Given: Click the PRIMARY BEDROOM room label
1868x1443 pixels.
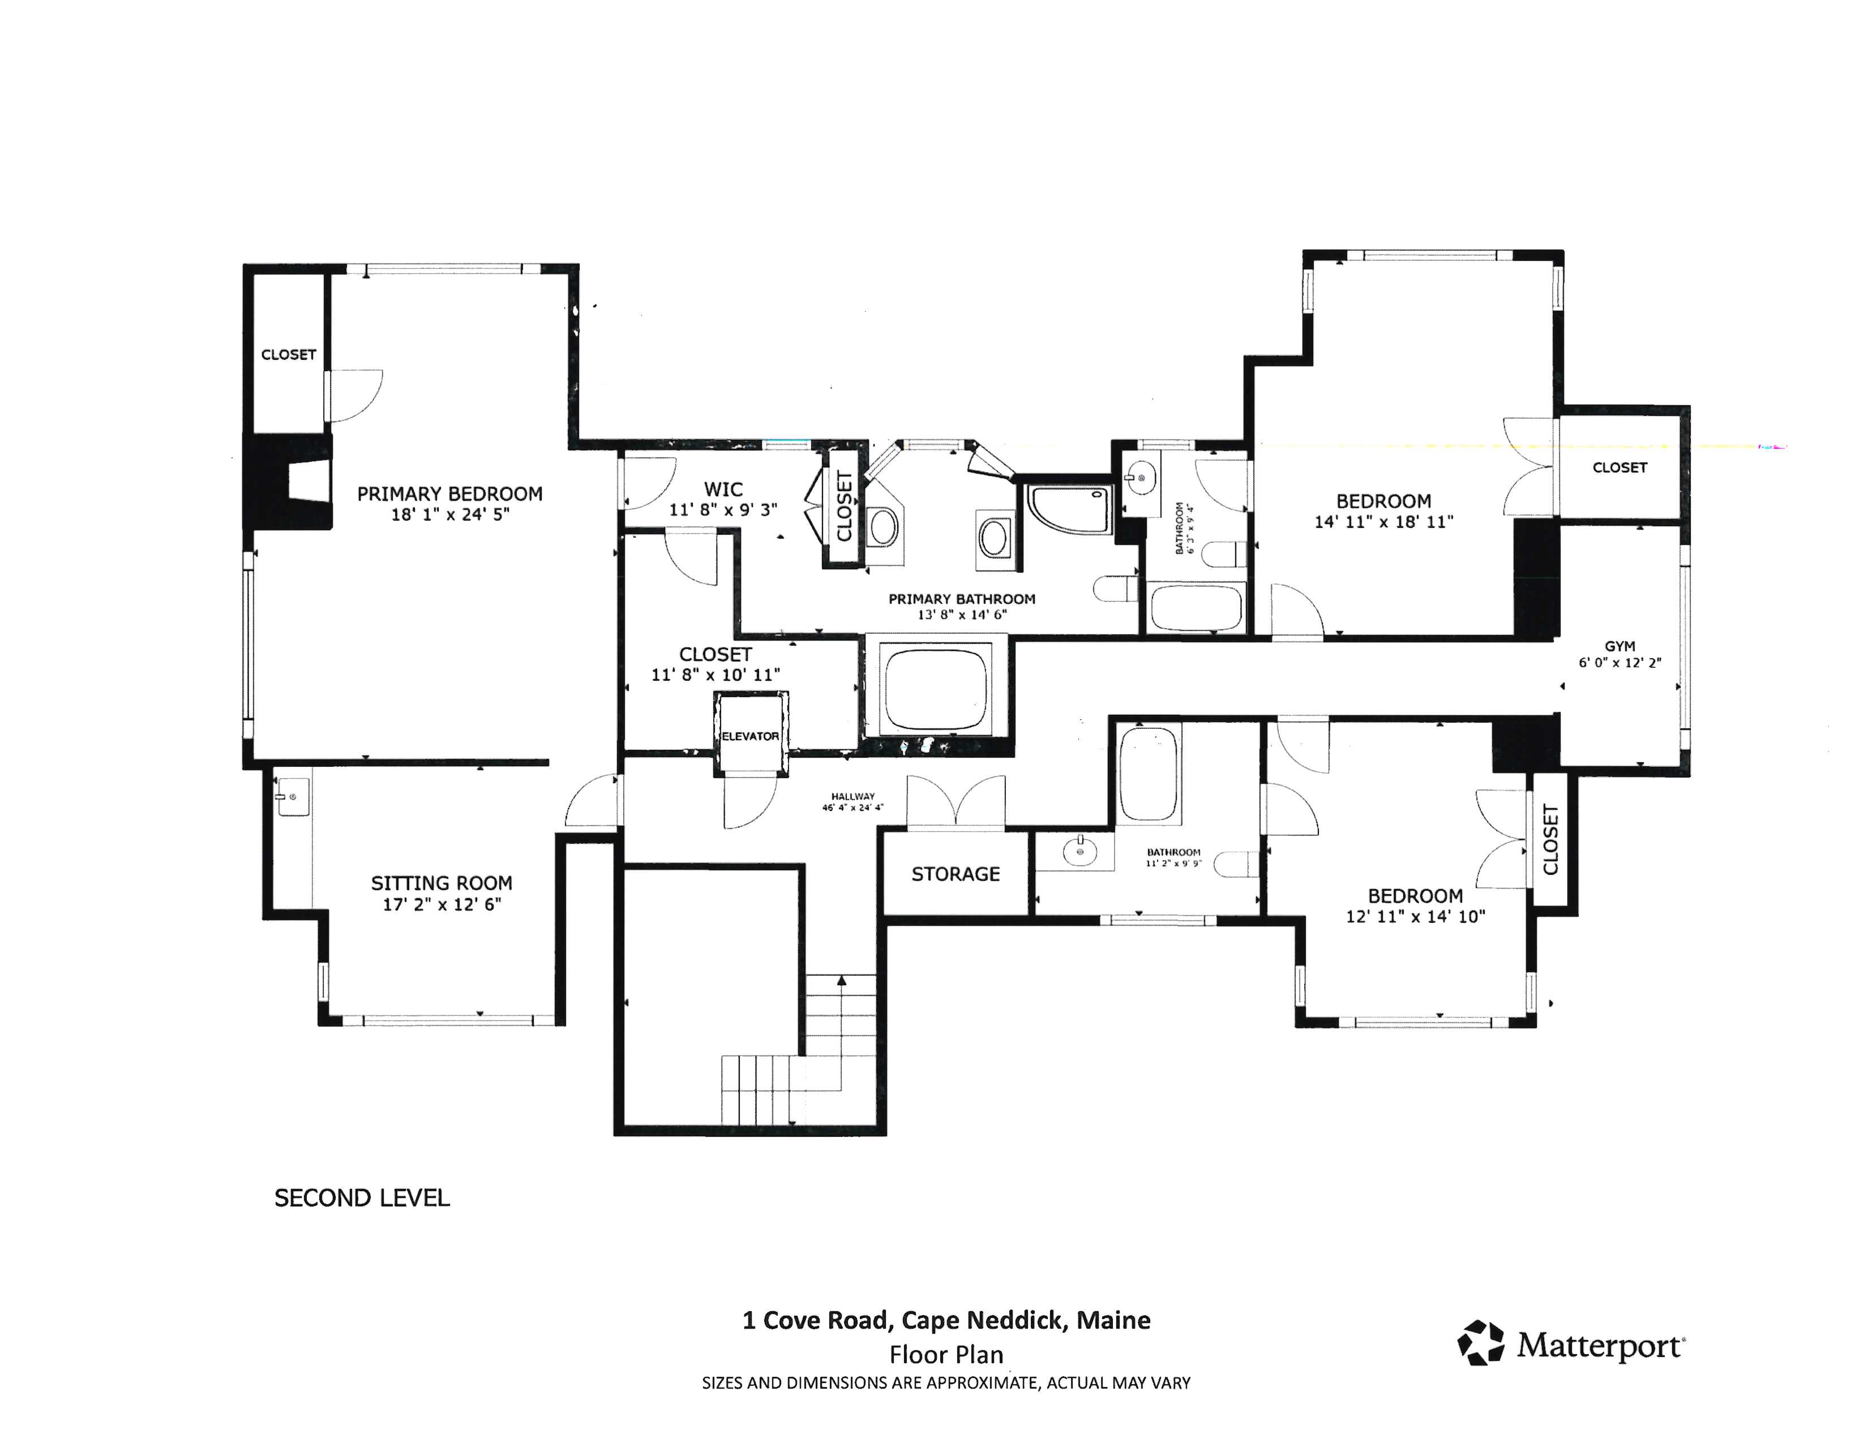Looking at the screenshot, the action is pyautogui.click(x=450, y=494).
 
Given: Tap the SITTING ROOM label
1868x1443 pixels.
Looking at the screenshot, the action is pyautogui.click(x=442, y=883).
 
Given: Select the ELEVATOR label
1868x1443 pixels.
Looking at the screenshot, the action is pyautogui.click(x=750, y=736).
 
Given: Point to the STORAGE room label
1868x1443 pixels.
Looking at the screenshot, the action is pyautogui.click(x=956, y=874).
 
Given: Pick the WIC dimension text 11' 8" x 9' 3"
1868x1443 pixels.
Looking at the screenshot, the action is pyautogui.click(x=723, y=509).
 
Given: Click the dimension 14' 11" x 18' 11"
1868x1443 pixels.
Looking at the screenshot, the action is pyautogui.click(x=1384, y=522).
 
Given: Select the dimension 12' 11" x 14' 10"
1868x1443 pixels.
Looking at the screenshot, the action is pyautogui.click(x=1416, y=916).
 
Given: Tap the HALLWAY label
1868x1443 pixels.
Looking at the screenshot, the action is pyautogui.click(x=852, y=796).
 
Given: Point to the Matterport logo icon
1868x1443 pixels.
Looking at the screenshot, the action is pyautogui.click(x=1481, y=1343).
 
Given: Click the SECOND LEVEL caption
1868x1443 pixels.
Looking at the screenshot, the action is pyautogui.click(x=362, y=1197).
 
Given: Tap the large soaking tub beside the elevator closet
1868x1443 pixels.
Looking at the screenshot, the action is pyautogui.click(x=937, y=689).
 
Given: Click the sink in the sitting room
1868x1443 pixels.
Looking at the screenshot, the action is pyautogui.click(x=293, y=797).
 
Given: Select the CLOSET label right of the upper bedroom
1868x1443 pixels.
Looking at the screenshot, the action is pyautogui.click(x=1619, y=467).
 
